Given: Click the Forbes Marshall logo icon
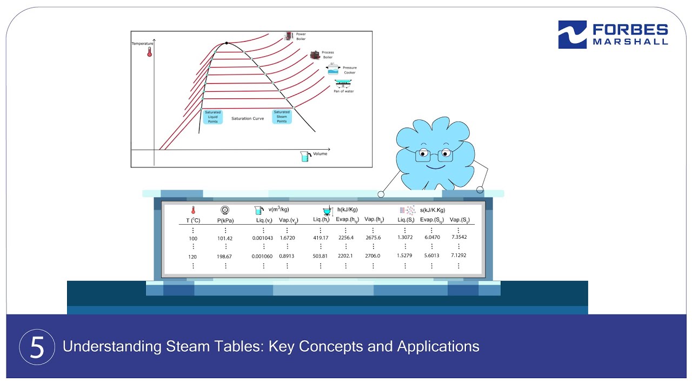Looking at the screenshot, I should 572,35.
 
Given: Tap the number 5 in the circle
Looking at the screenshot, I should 37,347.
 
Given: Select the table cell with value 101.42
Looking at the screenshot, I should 224,238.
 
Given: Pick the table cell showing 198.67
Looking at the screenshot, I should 224,257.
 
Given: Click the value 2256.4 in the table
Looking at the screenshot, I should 345,238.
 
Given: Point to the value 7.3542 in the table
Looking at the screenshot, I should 458,237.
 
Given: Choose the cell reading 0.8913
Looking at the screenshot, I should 287,256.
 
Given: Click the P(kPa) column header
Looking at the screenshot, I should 225,220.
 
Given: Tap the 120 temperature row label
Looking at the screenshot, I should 192,257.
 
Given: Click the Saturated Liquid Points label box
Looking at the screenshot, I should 212,117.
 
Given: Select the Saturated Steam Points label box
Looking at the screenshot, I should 282,117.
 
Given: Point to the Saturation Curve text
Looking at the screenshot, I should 248,118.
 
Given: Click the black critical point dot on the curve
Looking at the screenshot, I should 226,43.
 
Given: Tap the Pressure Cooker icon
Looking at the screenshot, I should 333,69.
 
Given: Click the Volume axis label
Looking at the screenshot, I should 320,154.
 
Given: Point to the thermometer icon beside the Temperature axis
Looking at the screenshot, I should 149,52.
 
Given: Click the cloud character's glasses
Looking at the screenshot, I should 434,157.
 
